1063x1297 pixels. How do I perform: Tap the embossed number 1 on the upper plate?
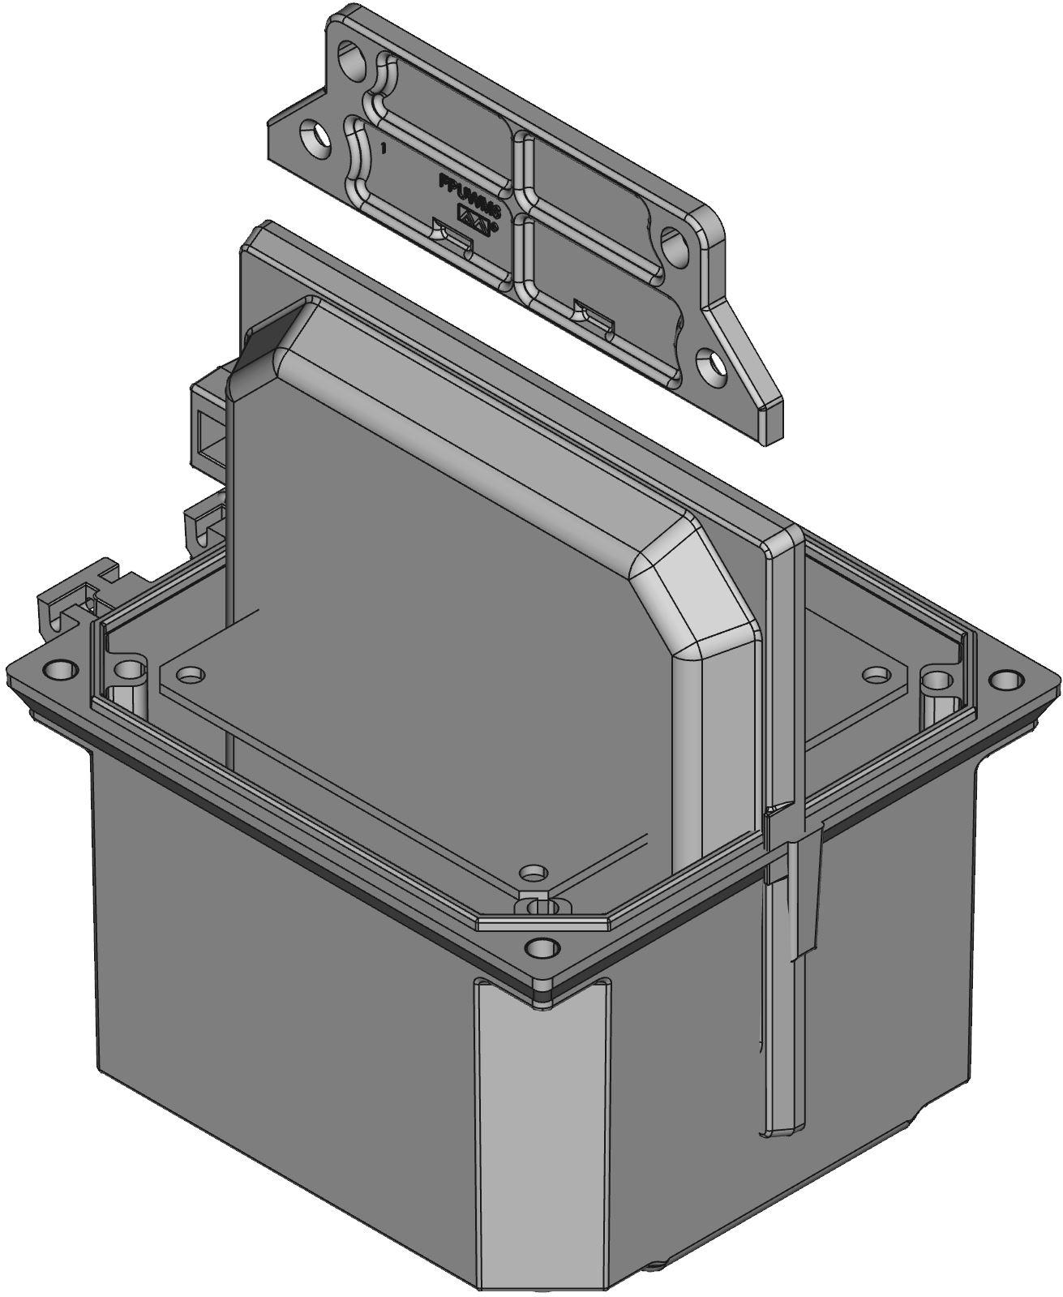click(x=384, y=149)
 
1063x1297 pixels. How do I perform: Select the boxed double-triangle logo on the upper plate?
click(x=475, y=217)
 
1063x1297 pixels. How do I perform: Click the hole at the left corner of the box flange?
click(x=59, y=669)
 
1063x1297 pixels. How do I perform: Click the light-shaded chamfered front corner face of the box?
click(x=539, y=1136)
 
